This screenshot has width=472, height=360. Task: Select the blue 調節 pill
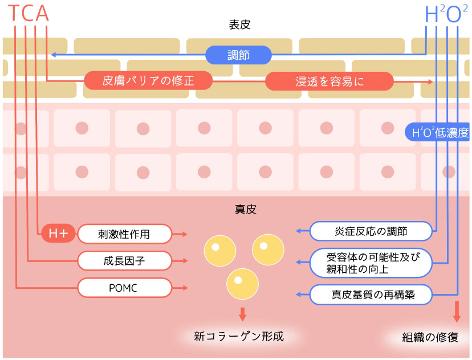238,55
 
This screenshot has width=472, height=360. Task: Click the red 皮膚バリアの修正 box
148,81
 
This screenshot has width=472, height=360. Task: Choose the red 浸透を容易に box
329,81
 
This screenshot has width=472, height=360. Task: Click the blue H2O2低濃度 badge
437,133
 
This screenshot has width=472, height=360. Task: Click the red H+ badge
58,233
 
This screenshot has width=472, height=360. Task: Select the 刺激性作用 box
124,233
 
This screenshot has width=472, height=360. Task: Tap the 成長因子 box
124,261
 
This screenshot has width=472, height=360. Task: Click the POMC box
124,288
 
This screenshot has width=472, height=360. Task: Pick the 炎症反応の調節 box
371,231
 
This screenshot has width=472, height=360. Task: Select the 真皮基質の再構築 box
371,294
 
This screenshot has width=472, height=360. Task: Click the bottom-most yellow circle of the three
242,283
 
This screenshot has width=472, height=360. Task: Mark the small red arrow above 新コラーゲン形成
242,313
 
